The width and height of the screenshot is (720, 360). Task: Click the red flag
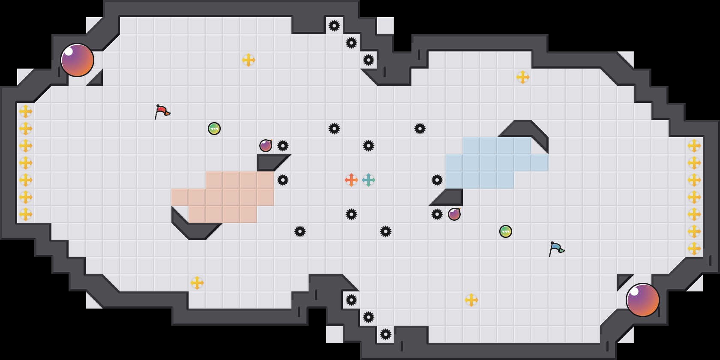click(x=162, y=111)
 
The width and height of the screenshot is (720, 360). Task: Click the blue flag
click(x=556, y=249)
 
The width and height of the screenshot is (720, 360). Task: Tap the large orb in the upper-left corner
click(x=77, y=60)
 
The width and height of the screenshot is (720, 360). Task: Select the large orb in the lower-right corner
click(x=643, y=300)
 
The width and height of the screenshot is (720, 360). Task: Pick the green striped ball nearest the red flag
click(x=214, y=129)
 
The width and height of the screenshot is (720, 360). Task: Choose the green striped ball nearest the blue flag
click(x=506, y=231)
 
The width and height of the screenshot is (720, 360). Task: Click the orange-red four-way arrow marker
click(x=351, y=180)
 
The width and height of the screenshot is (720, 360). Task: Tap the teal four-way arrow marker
click(x=369, y=180)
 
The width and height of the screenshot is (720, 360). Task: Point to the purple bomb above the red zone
click(x=266, y=146)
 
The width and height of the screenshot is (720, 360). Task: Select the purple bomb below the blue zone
click(x=454, y=214)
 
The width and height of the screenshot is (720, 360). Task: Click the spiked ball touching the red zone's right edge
click(x=283, y=180)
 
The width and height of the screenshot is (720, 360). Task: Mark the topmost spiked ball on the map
click(x=334, y=26)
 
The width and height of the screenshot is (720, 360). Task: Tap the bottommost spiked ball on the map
click(x=386, y=334)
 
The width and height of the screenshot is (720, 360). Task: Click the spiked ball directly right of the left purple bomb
click(x=283, y=146)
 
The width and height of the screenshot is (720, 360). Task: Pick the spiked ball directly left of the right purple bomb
click(x=437, y=214)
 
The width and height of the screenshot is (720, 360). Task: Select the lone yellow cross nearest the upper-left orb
click(x=249, y=60)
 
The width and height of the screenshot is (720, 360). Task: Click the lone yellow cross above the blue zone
click(x=523, y=77)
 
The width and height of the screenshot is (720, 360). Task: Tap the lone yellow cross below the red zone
click(x=197, y=283)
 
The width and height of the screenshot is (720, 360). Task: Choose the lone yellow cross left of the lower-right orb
click(x=471, y=300)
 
